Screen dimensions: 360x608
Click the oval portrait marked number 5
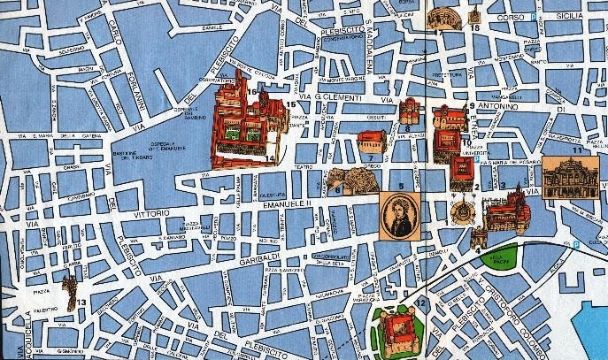(400, 216)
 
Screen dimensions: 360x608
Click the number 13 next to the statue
(81, 303)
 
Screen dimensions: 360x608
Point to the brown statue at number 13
(68, 286)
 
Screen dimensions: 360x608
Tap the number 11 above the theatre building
(577, 151)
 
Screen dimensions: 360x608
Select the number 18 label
(475, 28)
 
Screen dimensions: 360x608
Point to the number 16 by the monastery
(252, 91)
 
